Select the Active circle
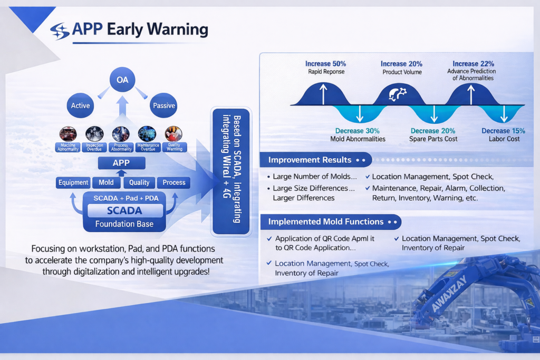coord(81,105)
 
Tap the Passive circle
coord(163,105)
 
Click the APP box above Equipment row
coord(121,163)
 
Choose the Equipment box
coord(73,183)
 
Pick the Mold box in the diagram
coord(106,183)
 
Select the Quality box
coord(140,183)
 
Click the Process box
coord(174,183)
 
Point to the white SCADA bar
coord(124,211)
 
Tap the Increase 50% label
coord(325,64)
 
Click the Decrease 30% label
coord(358,131)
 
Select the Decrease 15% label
coord(503,131)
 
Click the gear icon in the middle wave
coord(397,94)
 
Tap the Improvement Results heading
coord(310,160)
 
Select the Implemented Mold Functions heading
coord(326,222)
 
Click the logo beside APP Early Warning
coord(60,31)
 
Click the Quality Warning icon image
coord(173,133)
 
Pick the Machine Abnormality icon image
coord(68,133)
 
